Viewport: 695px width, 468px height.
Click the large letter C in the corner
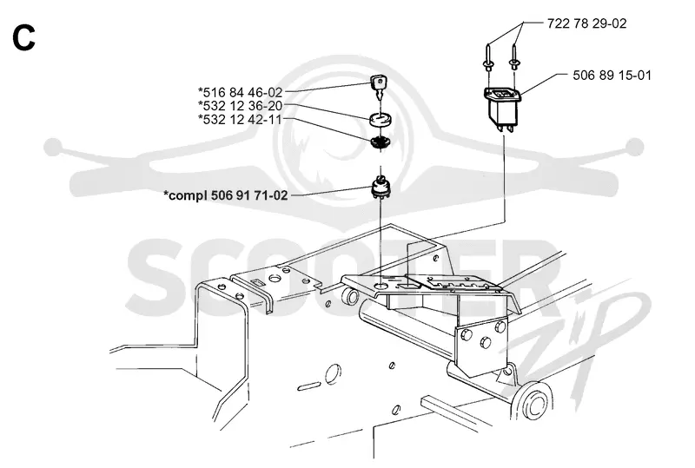pyautogui.click(x=24, y=37)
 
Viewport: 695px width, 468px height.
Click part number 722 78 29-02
pyautogui.click(x=587, y=23)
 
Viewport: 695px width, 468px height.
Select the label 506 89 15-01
pyautogui.click(x=612, y=76)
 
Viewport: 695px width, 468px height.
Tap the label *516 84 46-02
pyautogui.click(x=240, y=92)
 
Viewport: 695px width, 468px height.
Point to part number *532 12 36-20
pyautogui.click(x=240, y=106)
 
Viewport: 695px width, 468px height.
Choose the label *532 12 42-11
pyautogui.click(x=240, y=119)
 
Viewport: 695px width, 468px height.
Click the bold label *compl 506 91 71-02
pyautogui.click(x=226, y=195)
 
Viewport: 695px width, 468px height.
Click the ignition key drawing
pyautogui.click(x=379, y=87)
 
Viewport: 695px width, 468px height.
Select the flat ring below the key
pyautogui.click(x=379, y=119)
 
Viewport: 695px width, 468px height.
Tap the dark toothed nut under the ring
pyautogui.click(x=380, y=142)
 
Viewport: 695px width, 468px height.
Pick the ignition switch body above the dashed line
pyautogui.click(x=381, y=188)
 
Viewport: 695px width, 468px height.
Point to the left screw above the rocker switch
pyautogui.click(x=488, y=56)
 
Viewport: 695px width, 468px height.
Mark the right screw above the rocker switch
pyautogui.click(x=514, y=56)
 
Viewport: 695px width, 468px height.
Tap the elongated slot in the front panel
pyautogui.click(x=309, y=386)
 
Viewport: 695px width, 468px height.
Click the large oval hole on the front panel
pyautogui.click(x=333, y=375)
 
